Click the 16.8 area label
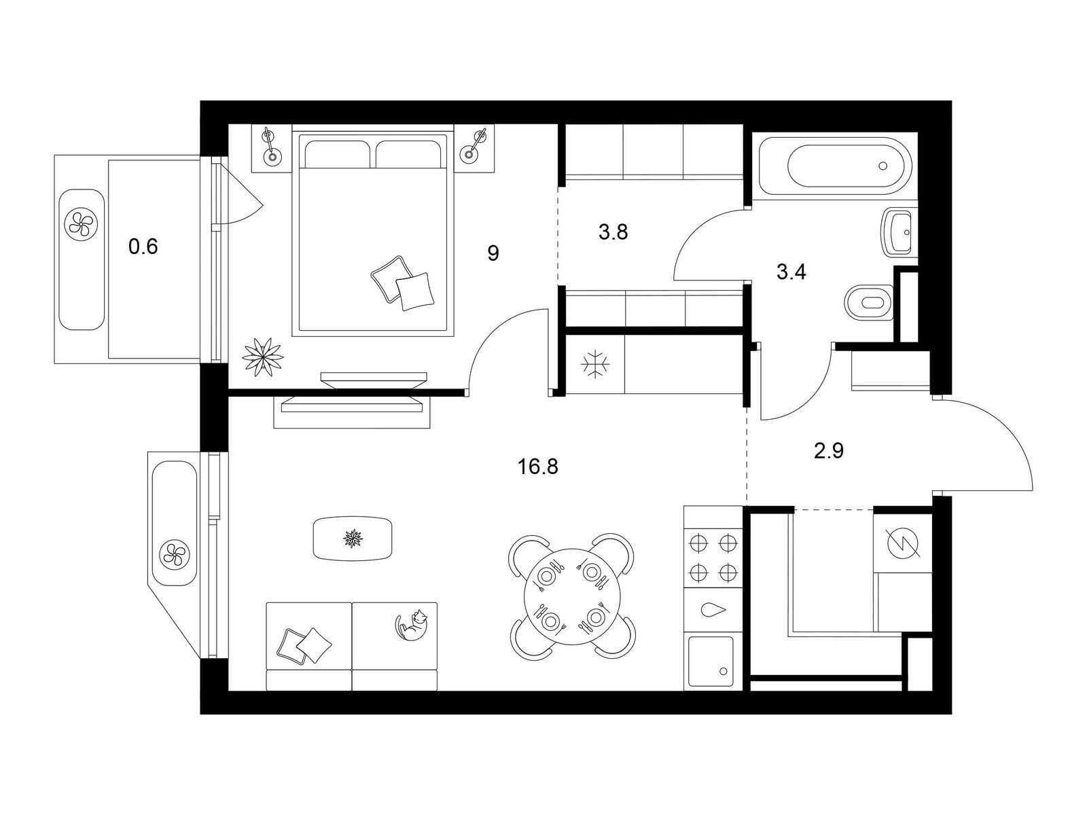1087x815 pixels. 537,467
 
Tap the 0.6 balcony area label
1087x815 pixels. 143,247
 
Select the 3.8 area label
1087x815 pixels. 613,232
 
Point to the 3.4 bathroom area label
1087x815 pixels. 791,273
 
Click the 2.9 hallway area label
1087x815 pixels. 829,450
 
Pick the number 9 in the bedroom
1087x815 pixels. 493,253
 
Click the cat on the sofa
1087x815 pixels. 412,623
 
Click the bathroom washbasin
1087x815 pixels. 899,233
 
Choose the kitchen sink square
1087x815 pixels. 711,661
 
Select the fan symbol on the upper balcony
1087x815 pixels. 82,223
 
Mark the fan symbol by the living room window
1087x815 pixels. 175,554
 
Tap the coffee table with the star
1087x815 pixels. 353,539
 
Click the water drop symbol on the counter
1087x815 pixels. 713,610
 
